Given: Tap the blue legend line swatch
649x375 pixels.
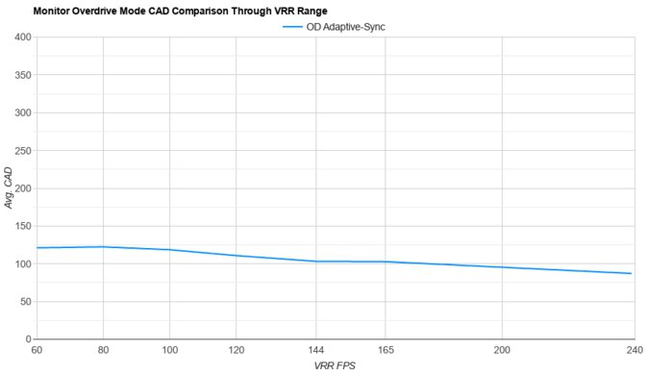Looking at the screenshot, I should [x=293, y=27].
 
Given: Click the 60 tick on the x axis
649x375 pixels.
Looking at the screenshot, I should [x=37, y=350].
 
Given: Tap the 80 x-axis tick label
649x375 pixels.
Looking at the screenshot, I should [x=103, y=350].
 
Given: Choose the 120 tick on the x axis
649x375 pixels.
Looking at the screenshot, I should [x=236, y=350].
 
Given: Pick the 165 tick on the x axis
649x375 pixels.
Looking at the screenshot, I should [x=385, y=350].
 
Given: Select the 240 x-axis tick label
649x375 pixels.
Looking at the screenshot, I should [x=632, y=350].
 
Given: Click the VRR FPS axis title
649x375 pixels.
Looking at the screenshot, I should [x=334, y=366].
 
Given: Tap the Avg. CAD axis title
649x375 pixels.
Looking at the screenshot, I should [x=9, y=188].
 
